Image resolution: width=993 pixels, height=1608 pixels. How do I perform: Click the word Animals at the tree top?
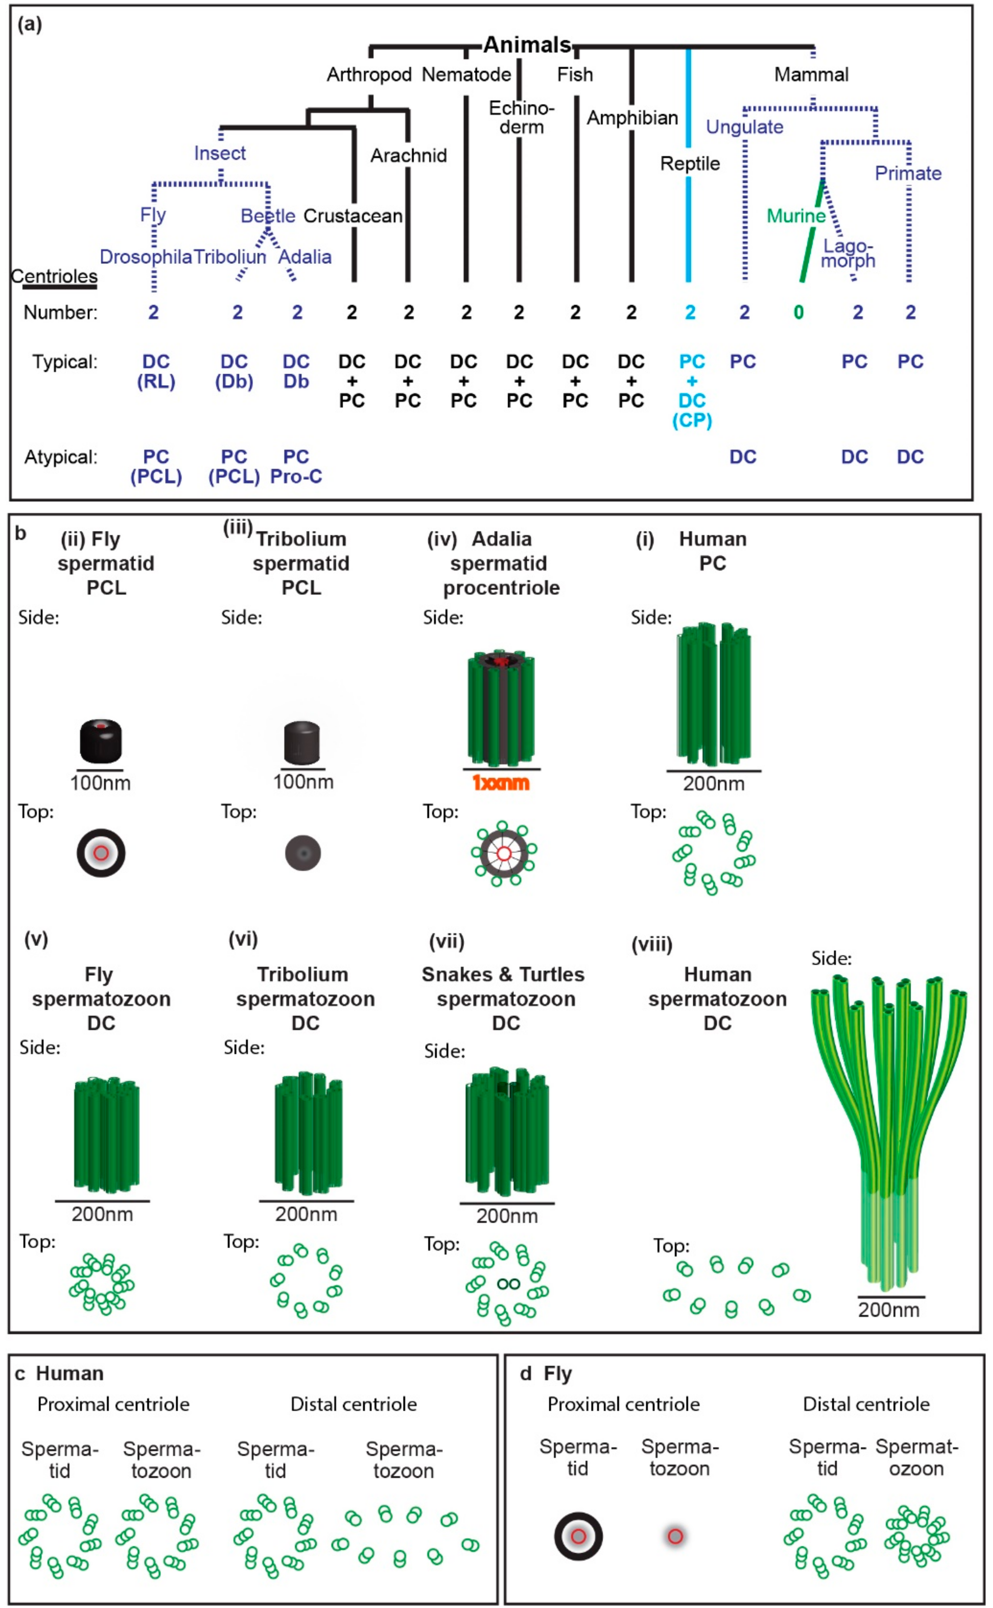527,45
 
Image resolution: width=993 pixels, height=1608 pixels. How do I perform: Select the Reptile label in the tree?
690,163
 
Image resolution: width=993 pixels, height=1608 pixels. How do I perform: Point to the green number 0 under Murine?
799,313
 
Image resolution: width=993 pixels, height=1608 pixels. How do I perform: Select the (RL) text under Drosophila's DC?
156,382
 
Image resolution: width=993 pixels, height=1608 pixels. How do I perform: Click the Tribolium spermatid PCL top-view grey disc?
303,853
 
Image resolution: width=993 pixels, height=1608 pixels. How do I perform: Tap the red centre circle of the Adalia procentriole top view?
504,853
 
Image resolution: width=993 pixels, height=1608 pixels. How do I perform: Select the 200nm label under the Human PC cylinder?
714,784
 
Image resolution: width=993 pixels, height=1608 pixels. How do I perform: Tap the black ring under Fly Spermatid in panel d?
578,1536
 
